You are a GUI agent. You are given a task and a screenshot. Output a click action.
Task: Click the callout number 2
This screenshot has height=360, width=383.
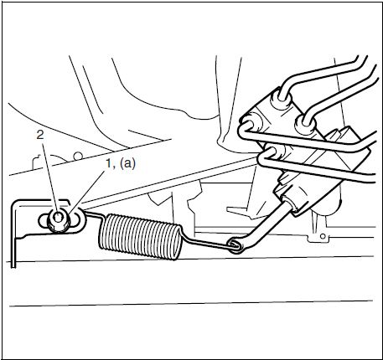click(40, 135)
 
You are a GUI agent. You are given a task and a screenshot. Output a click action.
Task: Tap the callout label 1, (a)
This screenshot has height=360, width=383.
click(121, 163)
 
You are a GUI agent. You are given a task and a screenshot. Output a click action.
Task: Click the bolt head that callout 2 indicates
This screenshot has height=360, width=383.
click(58, 220)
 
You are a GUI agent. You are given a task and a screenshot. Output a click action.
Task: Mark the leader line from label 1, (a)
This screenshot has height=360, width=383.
click(86, 193)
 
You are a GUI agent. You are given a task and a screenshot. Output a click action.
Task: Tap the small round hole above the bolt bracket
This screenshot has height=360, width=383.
click(78, 156)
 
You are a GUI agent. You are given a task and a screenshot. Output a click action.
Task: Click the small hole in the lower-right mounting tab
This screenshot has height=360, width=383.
click(323, 236)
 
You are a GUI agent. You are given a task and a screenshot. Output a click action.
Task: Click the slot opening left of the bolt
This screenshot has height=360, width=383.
click(43, 220)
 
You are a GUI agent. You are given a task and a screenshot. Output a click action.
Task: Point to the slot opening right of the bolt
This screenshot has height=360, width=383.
click(75, 219)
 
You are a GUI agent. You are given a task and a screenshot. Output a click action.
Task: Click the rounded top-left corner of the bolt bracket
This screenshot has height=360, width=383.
click(14, 203)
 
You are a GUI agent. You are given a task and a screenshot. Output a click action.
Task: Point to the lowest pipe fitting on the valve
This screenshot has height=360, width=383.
click(275, 153)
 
